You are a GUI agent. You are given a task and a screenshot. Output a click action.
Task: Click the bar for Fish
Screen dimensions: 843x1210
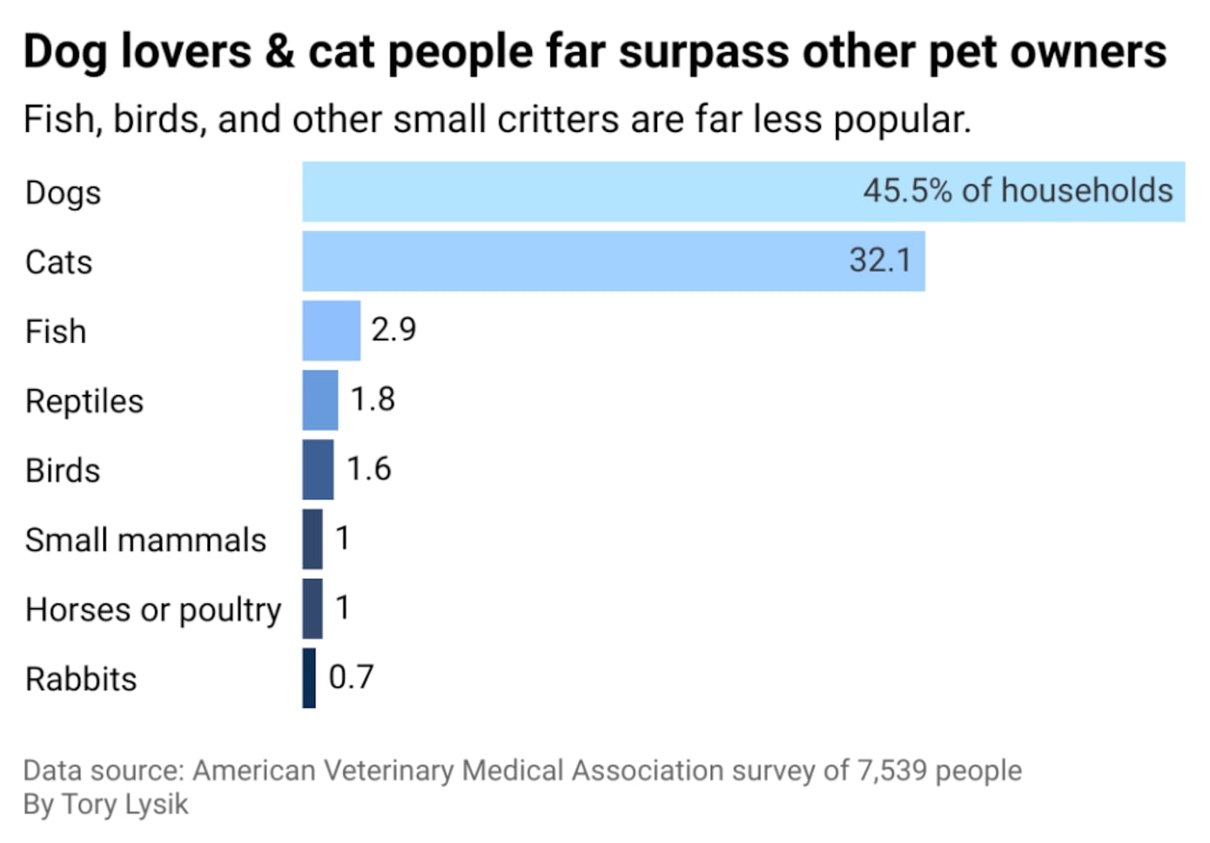pos(331,330)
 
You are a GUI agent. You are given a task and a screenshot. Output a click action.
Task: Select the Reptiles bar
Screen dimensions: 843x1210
pos(320,400)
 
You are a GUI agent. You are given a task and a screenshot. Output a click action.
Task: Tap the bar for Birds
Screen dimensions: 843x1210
pos(318,470)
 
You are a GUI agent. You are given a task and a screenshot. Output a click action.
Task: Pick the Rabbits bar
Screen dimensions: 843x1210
pos(309,678)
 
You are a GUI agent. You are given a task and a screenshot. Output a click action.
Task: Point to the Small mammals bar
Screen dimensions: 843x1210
pos(313,539)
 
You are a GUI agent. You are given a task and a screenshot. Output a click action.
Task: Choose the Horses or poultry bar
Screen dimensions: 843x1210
pos(313,609)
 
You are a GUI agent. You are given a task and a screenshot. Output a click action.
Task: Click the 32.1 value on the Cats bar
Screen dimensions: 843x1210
pos(880,261)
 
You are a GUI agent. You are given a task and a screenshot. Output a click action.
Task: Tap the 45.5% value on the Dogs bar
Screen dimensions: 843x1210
pos(907,191)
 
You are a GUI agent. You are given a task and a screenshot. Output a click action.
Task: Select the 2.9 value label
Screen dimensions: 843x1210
pos(393,329)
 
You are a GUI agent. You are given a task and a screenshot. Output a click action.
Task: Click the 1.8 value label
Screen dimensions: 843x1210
pos(372,399)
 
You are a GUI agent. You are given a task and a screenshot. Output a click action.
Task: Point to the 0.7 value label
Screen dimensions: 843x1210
pos(350,677)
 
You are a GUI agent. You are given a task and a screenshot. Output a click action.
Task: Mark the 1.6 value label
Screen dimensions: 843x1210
pos(369,469)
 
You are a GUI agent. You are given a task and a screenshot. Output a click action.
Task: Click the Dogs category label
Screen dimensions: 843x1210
pos(63,192)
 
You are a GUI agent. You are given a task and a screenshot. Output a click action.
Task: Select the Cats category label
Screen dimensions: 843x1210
pos(59,262)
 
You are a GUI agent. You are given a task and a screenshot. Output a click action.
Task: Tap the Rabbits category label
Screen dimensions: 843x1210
pos(81,679)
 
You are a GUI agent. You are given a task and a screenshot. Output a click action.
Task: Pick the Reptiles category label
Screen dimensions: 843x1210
pos(84,401)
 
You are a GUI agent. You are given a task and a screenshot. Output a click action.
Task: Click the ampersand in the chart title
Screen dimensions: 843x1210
pos(279,52)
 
